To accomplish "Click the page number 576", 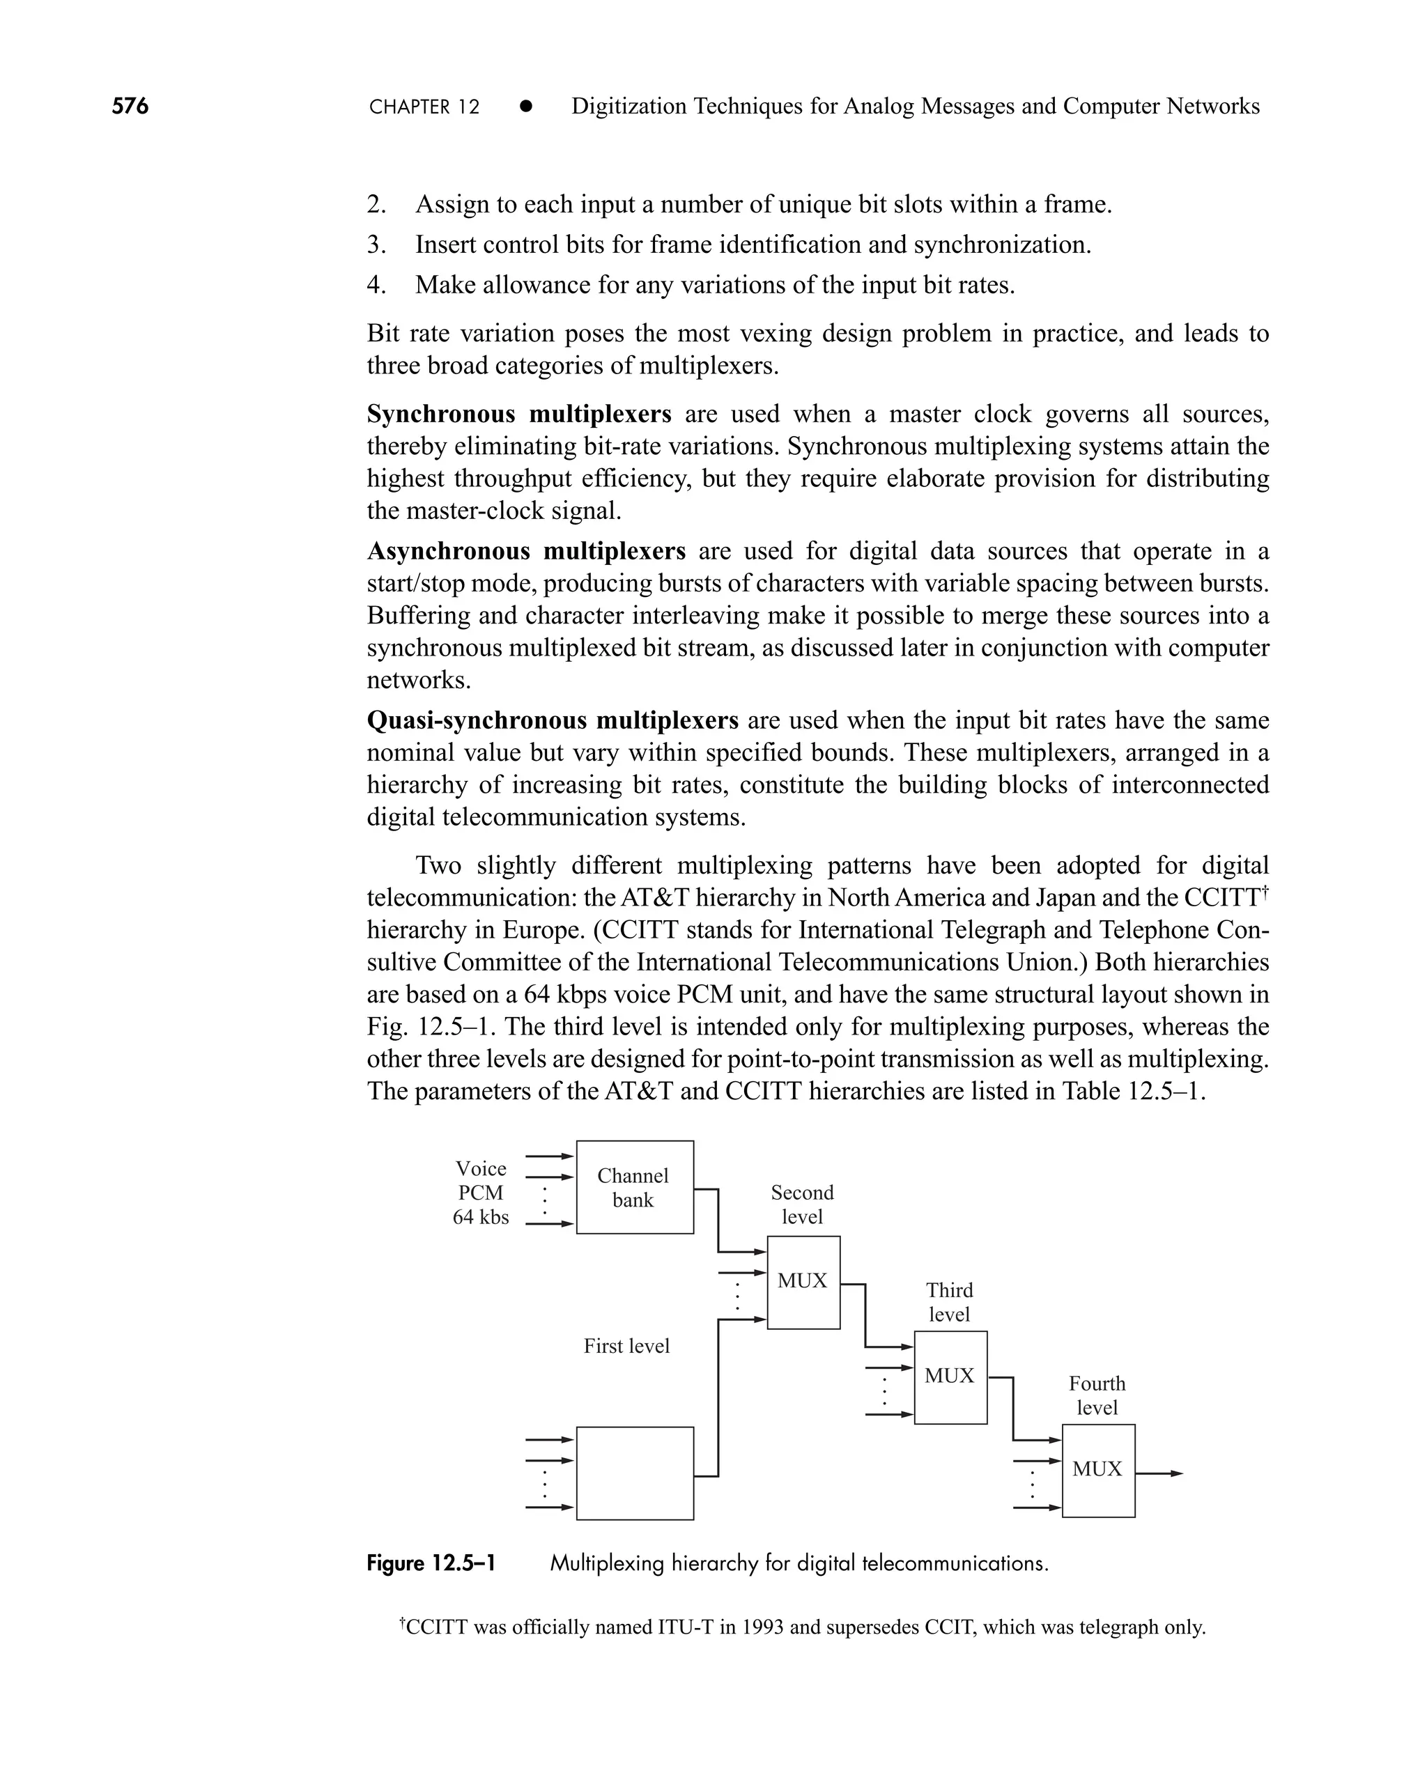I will pyautogui.click(x=130, y=106).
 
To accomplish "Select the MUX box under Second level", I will pyautogui.click(x=803, y=1281).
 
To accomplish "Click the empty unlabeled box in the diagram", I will pyautogui.click(x=635, y=1473).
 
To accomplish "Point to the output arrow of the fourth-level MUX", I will pyautogui.click(x=1159, y=1473).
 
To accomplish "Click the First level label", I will pyautogui.click(x=626, y=1346).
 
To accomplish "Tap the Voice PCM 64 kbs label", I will pyautogui.click(x=481, y=1193).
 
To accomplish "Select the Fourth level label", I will pyautogui.click(x=1097, y=1395).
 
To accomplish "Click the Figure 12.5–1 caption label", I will pyautogui.click(x=431, y=1563).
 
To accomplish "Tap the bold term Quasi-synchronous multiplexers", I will pyautogui.click(x=553, y=721).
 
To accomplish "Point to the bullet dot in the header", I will pyautogui.click(x=526, y=107).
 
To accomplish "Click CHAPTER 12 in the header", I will pyautogui.click(x=424, y=107).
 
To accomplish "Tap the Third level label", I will pyautogui.click(x=950, y=1302).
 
